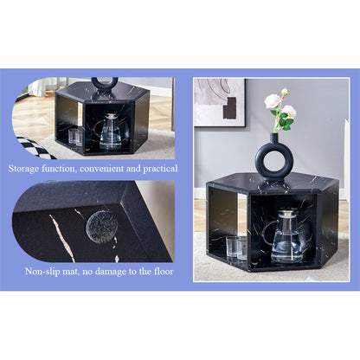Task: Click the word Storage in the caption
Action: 23,169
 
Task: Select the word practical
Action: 160,169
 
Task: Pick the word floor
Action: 164,272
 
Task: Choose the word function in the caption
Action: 60,169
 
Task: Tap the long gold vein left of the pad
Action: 62,238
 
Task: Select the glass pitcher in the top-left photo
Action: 110,132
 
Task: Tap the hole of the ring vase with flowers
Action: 273,161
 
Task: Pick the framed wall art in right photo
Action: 220,102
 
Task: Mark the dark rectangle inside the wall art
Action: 229,108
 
